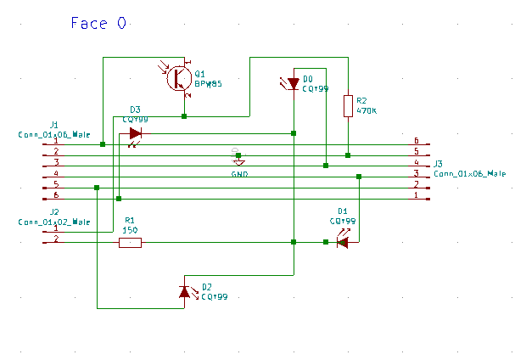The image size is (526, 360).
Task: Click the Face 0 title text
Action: [99, 23]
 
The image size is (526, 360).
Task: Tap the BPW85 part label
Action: [208, 84]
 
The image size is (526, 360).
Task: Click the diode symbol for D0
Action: [293, 83]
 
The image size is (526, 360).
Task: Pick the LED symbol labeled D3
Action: [135, 133]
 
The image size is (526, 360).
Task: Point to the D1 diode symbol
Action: [342, 242]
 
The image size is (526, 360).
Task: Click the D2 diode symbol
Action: [185, 291]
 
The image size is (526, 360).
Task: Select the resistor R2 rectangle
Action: [348, 106]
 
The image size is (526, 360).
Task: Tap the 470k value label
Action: [367, 110]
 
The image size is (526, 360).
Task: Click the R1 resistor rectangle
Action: [130, 243]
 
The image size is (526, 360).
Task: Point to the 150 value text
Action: [131, 230]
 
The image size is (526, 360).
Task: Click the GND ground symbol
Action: [238, 161]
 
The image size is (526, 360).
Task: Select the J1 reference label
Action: [54, 125]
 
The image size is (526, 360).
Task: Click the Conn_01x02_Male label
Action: [54, 222]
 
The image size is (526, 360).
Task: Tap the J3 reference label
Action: [439, 164]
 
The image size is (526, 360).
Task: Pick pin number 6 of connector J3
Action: [416, 141]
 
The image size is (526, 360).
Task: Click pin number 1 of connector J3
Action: [416, 195]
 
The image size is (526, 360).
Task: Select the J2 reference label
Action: [54, 212]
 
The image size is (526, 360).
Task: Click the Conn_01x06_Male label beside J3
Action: [469, 173]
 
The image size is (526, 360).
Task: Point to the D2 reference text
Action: [207, 288]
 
